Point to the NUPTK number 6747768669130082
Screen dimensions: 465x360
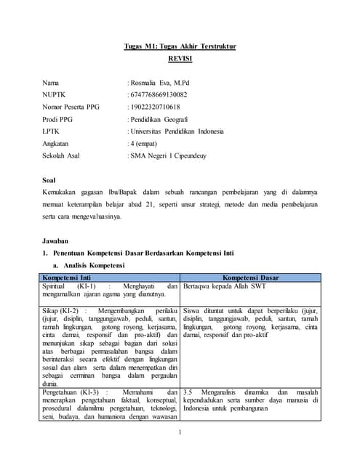tap(158, 95)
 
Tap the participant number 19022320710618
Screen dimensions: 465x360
tap(155, 108)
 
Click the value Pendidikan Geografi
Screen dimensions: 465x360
tap(159, 120)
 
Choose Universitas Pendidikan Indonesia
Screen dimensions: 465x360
tap(177, 132)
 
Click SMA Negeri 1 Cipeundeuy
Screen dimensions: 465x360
tap(169, 155)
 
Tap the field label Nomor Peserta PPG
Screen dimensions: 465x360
tap(71, 108)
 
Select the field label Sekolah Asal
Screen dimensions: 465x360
tap(63, 155)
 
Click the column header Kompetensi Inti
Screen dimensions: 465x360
tap(66, 278)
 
